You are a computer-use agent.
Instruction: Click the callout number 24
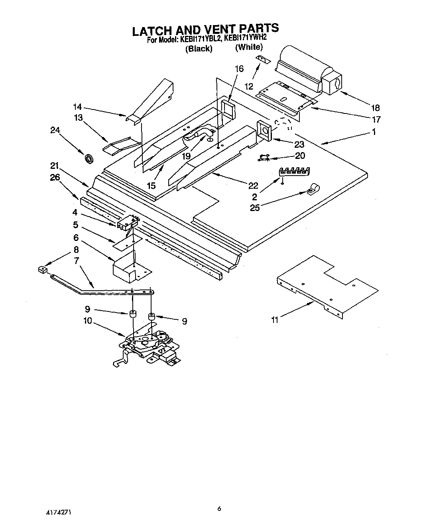(55, 130)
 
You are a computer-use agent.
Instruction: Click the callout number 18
(375, 108)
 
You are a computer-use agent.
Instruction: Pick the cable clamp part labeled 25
(313, 190)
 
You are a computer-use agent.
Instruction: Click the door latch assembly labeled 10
(150, 344)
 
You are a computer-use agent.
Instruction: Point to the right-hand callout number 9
(184, 321)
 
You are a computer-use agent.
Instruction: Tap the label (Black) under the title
(198, 49)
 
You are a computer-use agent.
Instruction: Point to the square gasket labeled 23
(264, 131)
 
